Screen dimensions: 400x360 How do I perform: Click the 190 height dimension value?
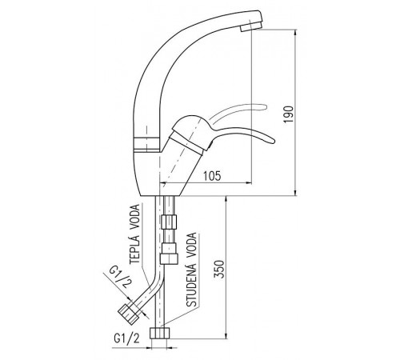[288, 114]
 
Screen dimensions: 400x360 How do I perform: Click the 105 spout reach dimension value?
[212, 176]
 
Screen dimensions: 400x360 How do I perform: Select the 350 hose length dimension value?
[219, 269]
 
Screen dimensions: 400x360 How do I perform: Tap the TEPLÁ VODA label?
[135, 234]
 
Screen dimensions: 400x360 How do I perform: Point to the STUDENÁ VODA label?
[191, 270]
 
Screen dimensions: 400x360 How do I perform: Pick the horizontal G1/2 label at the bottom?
[126, 338]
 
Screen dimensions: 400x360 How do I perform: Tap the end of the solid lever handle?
[274, 141]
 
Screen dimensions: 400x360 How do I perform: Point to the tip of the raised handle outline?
[265, 107]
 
